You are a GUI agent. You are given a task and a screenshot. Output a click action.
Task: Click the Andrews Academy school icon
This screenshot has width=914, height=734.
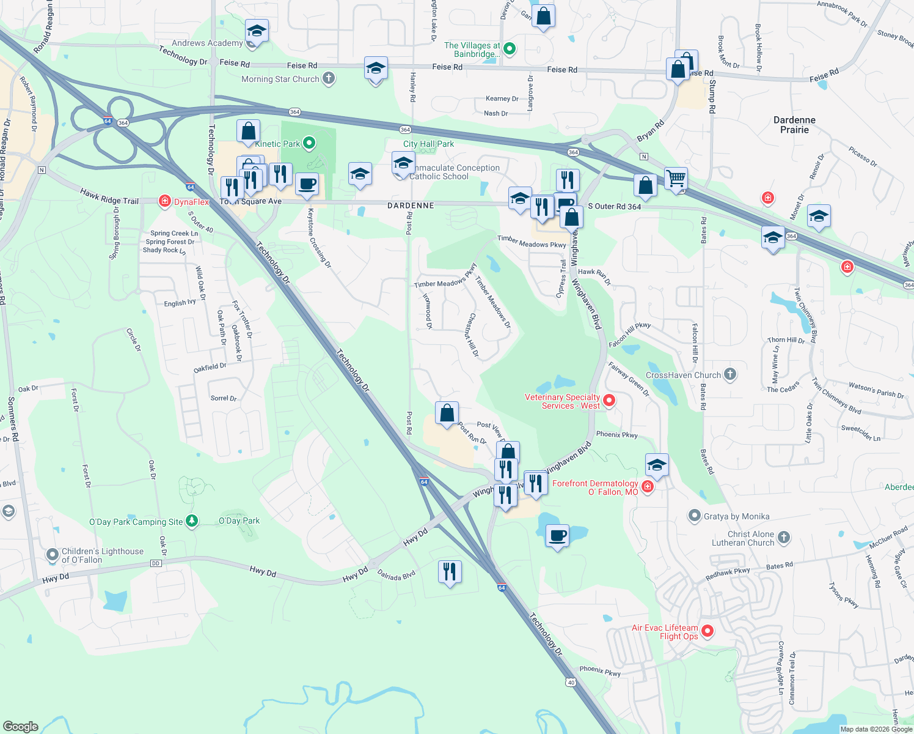pyautogui.click(x=257, y=31)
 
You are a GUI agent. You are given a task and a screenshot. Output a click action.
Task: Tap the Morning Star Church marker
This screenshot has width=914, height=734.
pyautogui.click(x=329, y=78)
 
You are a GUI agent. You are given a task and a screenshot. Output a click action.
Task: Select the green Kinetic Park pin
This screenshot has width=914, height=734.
pyautogui.click(x=309, y=143)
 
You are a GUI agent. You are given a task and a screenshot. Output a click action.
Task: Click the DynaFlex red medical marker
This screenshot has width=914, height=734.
pyautogui.click(x=164, y=201)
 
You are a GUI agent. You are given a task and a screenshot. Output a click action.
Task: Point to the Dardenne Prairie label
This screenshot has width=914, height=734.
pyautogui.click(x=794, y=125)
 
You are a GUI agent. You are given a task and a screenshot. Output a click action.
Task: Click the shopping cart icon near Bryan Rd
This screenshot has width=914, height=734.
pyautogui.click(x=676, y=179)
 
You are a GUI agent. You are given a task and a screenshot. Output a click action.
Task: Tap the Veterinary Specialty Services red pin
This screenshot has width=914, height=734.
pyautogui.click(x=609, y=401)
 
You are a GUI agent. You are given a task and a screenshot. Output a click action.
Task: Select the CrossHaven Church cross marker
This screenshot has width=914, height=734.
pyautogui.click(x=729, y=374)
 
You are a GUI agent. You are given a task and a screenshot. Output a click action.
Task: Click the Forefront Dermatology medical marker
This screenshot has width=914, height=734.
pyautogui.click(x=648, y=487)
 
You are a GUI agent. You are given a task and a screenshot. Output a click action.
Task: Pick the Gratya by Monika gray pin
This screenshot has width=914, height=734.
pyautogui.click(x=694, y=516)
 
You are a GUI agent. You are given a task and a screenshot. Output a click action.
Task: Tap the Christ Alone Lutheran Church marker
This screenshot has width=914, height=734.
pyautogui.click(x=784, y=538)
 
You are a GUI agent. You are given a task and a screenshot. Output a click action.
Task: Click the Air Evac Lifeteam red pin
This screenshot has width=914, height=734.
pyautogui.click(x=707, y=631)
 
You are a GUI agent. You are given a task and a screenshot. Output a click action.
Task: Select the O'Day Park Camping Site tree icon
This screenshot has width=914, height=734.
pyautogui.click(x=192, y=521)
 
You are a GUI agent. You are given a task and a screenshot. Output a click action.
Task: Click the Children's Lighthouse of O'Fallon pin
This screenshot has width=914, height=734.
pyautogui.click(x=53, y=555)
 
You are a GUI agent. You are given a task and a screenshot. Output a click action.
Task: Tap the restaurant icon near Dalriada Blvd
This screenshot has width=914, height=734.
pyautogui.click(x=450, y=572)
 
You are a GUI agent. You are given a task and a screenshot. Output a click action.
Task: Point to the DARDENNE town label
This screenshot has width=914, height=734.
pyautogui.click(x=411, y=206)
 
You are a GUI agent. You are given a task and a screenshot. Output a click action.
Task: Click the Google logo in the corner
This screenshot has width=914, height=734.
pyautogui.click(x=20, y=726)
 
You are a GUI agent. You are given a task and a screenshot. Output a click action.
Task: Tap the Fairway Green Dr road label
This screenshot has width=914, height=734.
pyautogui.click(x=629, y=379)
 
